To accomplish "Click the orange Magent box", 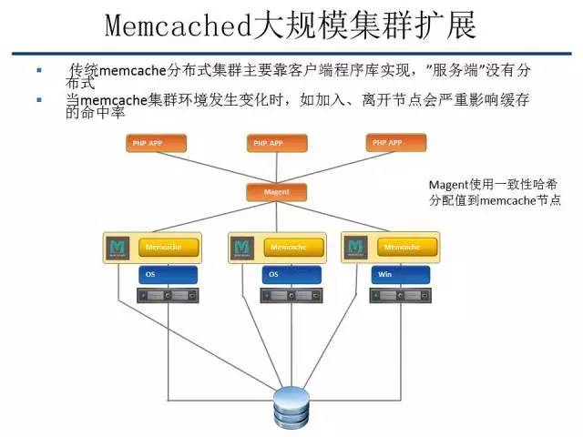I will click(276, 192).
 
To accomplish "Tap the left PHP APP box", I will click(156, 143).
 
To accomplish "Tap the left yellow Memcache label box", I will click(167, 247).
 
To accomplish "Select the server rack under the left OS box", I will click(168, 296).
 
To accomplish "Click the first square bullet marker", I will click(38, 70).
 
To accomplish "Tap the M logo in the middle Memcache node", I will click(241, 248).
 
